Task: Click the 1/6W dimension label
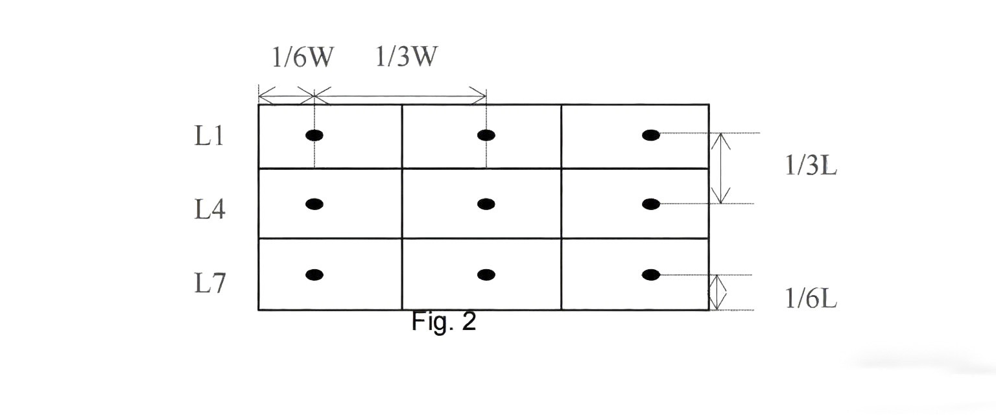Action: coord(302,58)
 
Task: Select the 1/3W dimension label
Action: coord(406,58)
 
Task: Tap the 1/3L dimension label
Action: coord(811,167)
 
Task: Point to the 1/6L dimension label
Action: coord(811,298)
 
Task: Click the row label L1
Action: coord(209,136)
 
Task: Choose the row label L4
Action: coord(209,210)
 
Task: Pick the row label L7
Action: coord(209,283)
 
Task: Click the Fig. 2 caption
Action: coord(444,322)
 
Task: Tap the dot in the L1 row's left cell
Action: coord(314,135)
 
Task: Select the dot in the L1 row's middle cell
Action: coord(486,135)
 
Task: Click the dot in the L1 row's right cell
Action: coord(651,135)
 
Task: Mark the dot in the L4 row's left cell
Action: coord(314,204)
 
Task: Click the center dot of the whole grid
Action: coord(486,204)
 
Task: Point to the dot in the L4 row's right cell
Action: coord(651,204)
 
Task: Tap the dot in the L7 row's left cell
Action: coord(314,274)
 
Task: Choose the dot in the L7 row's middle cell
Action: coord(486,274)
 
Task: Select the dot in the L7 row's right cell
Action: coord(651,274)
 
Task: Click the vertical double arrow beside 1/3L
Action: coord(721,169)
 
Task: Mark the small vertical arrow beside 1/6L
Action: coord(716,292)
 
